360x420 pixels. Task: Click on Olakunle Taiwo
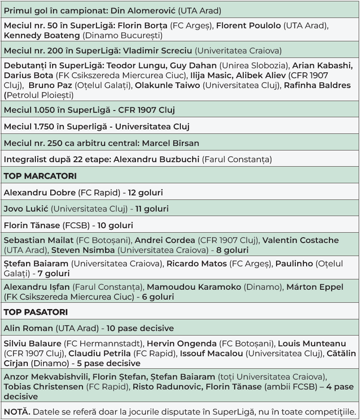(167, 85)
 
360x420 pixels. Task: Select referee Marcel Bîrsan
(171, 143)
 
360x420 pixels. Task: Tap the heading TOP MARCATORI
(40, 176)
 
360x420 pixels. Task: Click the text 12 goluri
(145, 193)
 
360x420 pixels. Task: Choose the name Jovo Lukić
(26, 209)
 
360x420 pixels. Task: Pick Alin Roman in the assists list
(28, 328)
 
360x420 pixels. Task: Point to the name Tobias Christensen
(44, 387)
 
